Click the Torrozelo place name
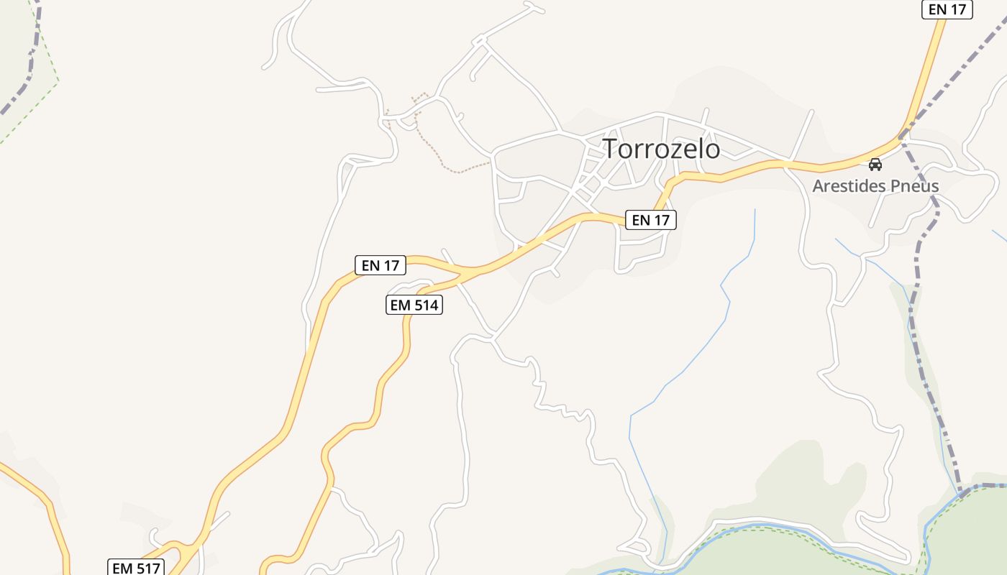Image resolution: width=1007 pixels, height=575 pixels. point(661,149)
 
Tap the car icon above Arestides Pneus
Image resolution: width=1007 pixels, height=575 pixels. point(875,164)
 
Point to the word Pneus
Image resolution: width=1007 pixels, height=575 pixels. point(915,186)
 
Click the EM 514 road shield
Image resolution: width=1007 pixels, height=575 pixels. point(414,305)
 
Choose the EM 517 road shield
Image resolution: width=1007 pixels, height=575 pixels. point(137,568)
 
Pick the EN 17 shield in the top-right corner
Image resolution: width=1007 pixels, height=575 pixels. point(947,9)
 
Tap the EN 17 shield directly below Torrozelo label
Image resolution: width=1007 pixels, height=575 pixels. point(651,220)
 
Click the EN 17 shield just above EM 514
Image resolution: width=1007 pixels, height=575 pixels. point(381,265)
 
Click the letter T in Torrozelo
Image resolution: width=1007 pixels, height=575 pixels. point(611,149)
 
